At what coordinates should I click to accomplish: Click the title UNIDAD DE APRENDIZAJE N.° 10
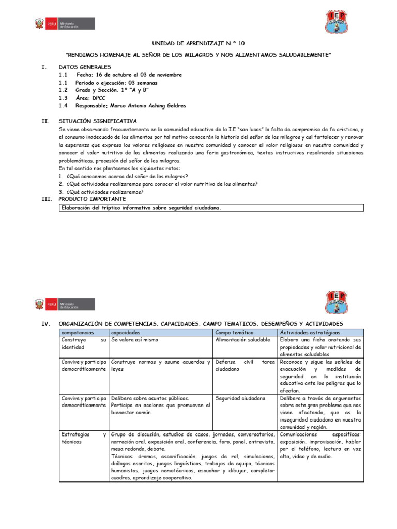point(199,44)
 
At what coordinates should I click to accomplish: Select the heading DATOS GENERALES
point(84,67)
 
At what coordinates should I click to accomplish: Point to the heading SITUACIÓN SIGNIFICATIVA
point(98,121)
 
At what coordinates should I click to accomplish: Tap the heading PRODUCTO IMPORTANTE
point(91,199)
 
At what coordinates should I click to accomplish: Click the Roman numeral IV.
point(44,323)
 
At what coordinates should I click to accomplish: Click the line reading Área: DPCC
point(91,98)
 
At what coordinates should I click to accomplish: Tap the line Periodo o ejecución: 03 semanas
point(116,83)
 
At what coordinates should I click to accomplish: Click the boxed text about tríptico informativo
point(141,208)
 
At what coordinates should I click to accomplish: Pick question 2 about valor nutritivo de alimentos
point(158,184)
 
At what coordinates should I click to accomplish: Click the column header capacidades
point(126,333)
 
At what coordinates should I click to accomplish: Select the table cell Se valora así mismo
point(135,340)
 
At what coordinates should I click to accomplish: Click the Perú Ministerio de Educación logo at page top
point(65,24)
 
